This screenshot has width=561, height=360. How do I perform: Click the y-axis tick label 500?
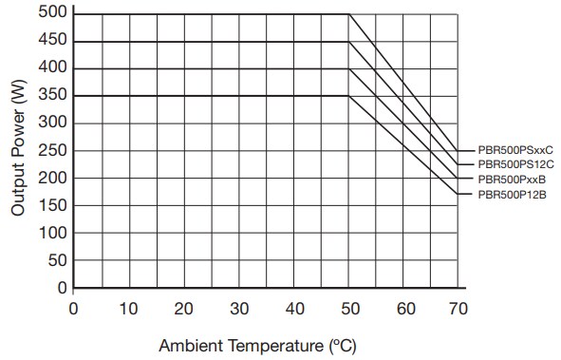pyautogui.click(x=54, y=13)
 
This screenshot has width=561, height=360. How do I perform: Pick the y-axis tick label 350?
pyautogui.click(x=54, y=96)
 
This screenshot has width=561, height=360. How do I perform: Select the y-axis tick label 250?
pyautogui.click(x=54, y=150)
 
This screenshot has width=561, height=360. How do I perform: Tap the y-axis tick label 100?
pyautogui.click(x=54, y=233)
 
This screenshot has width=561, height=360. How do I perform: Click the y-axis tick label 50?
pyautogui.click(x=58, y=260)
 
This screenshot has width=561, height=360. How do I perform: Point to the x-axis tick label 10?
pyautogui.click(x=129, y=309)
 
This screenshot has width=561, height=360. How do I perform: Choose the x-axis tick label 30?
pyautogui.click(x=240, y=309)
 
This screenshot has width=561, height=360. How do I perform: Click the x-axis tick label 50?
pyautogui.click(x=350, y=309)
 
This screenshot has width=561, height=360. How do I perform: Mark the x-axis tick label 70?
pyautogui.click(x=460, y=309)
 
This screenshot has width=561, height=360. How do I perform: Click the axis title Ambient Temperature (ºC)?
pyautogui.click(x=257, y=345)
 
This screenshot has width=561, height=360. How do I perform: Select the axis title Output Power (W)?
pyautogui.click(x=18, y=150)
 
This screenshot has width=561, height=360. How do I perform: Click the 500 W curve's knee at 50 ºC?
pyautogui.click(x=350, y=13)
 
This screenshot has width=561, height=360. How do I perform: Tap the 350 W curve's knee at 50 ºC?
pyautogui.click(x=350, y=96)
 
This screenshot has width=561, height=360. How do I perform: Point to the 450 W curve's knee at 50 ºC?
pyautogui.click(x=350, y=41)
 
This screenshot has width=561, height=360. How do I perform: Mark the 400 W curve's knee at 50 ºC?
pyautogui.click(x=350, y=68)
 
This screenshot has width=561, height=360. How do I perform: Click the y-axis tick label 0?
pyautogui.click(x=63, y=288)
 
